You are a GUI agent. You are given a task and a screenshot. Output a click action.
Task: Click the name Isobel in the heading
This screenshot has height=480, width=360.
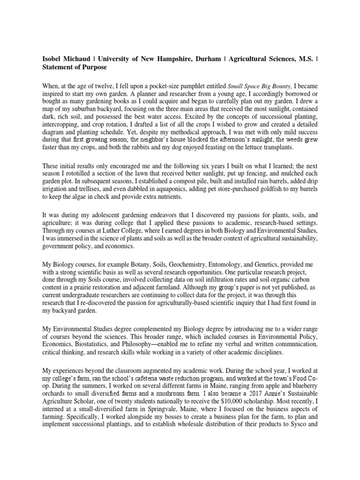[50, 59]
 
